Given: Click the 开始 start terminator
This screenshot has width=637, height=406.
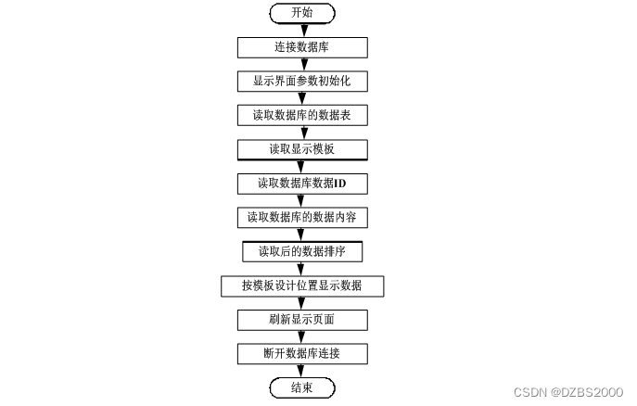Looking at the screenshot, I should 301,13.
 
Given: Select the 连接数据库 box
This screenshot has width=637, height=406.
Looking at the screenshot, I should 301,47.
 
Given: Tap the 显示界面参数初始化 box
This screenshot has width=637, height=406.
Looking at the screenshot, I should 301,82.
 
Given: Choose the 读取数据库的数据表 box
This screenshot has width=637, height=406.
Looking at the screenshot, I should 301,116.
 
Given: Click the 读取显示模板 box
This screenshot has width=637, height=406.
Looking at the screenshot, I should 301,149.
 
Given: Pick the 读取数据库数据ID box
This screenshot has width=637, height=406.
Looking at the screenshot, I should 301,184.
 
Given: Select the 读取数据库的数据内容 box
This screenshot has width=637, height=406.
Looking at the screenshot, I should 301,218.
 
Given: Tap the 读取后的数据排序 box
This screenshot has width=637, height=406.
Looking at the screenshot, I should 301,251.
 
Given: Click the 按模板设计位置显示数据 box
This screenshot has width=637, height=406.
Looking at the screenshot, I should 301,285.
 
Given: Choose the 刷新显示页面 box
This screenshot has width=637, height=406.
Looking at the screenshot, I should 301,320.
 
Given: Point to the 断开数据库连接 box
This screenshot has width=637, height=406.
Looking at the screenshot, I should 301,354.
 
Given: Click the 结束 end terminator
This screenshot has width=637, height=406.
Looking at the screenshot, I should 301,387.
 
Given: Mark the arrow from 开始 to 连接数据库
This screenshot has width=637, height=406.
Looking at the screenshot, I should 301,30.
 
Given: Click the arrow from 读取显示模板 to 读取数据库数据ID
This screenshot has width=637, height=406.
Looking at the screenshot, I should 301,167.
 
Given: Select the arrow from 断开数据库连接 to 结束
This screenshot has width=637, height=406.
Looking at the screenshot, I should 301,371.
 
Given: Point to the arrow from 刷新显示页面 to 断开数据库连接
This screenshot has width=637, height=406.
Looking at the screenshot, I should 301,336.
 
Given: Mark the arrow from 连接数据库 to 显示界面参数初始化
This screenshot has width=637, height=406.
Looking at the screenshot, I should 301,64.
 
